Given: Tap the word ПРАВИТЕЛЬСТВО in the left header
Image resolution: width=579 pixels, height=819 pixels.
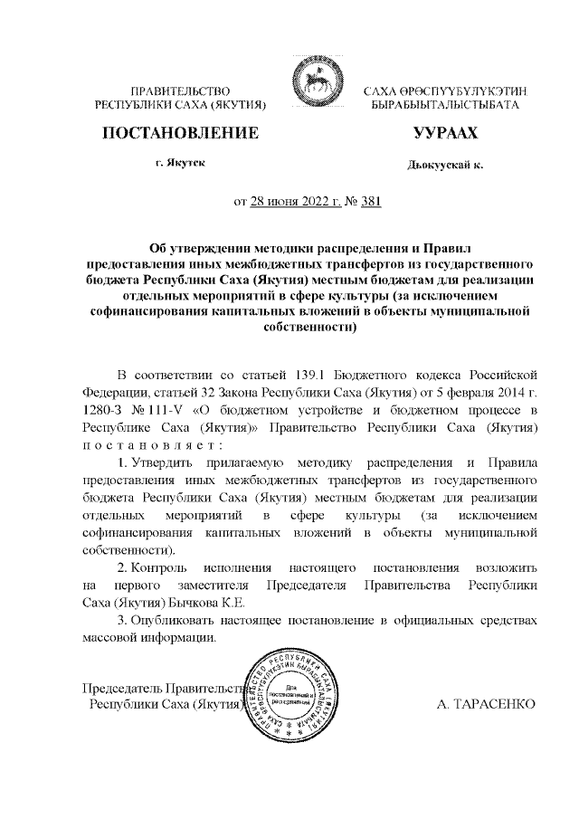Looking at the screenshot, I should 181,91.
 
